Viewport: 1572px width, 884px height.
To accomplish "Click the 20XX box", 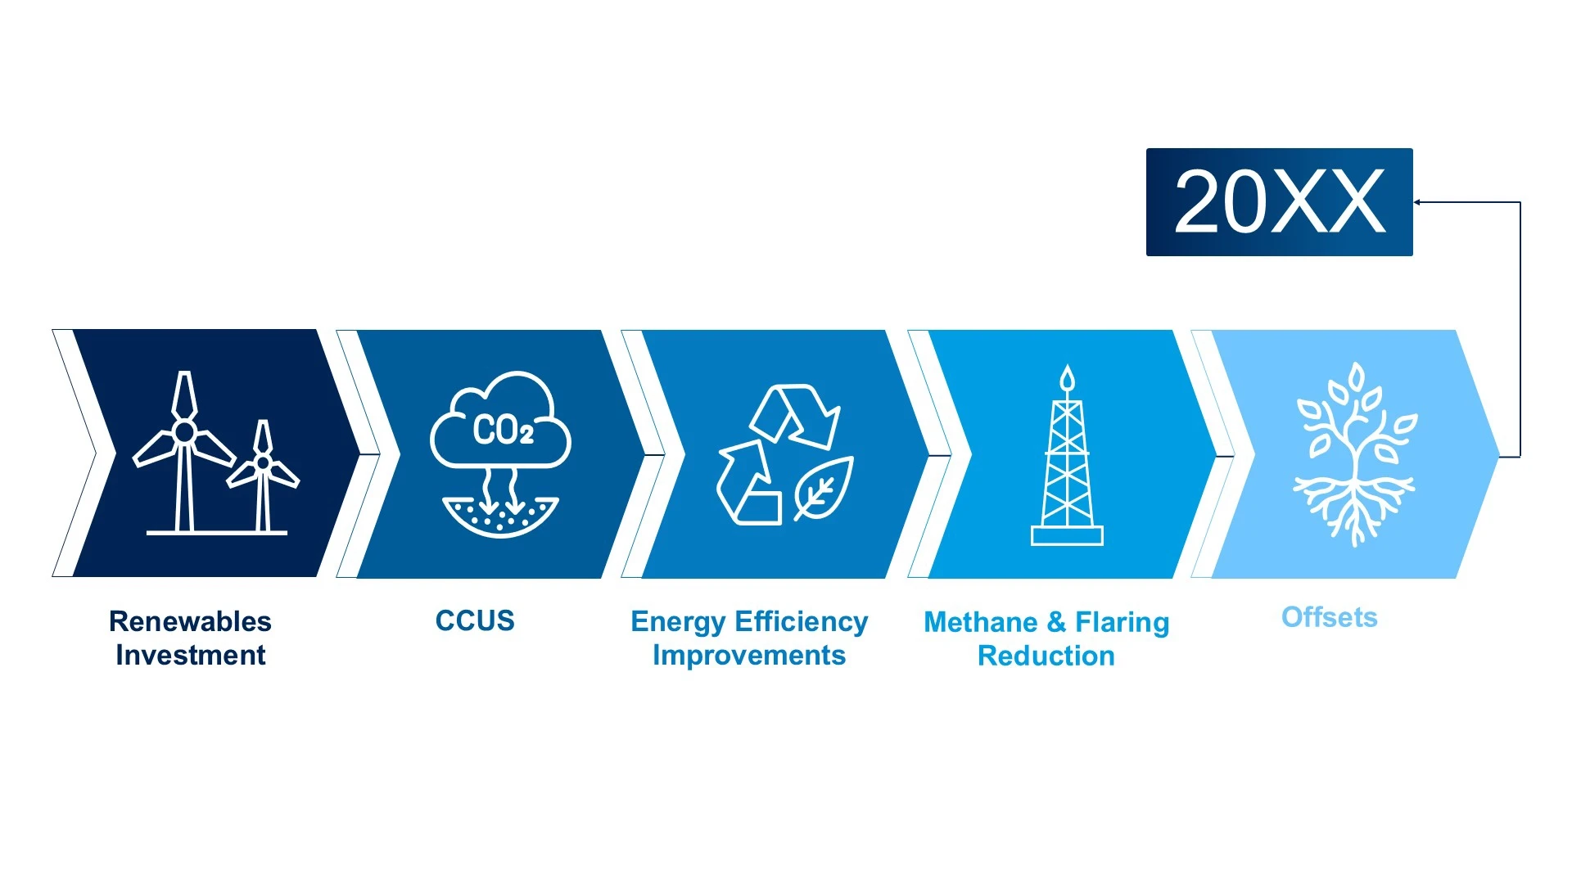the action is click(x=1279, y=202).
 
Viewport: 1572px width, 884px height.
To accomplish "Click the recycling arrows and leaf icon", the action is click(x=785, y=454).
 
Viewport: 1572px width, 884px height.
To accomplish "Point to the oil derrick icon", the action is click(x=1067, y=455).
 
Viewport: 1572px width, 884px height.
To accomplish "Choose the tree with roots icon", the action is click(x=1355, y=454).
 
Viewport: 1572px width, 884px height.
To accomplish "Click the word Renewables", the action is click(x=190, y=621).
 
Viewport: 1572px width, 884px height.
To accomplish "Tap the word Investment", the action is click(x=190, y=655).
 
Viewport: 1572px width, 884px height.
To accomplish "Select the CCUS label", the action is click(x=475, y=620).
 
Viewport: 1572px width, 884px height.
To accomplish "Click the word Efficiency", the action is click(x=801, y=622).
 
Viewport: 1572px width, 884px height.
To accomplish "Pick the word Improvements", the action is click(x=749, y=656).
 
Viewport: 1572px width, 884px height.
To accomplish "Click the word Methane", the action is click(x=981, y=622).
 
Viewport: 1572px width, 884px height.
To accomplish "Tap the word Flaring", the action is click(x=1123, y=624).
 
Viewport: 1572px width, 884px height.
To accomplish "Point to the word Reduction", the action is click(x=1046, y=656).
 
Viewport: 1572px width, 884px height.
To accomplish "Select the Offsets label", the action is click(x=1330, y=617).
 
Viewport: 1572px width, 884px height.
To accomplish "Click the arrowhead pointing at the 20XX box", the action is click(x=1417, y=202).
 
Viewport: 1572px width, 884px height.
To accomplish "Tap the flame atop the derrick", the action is click(x=1067, y=378).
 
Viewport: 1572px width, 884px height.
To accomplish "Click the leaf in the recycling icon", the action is click(x=824, y=489).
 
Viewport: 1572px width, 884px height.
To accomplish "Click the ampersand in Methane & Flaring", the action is click(x=1057, y=622).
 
